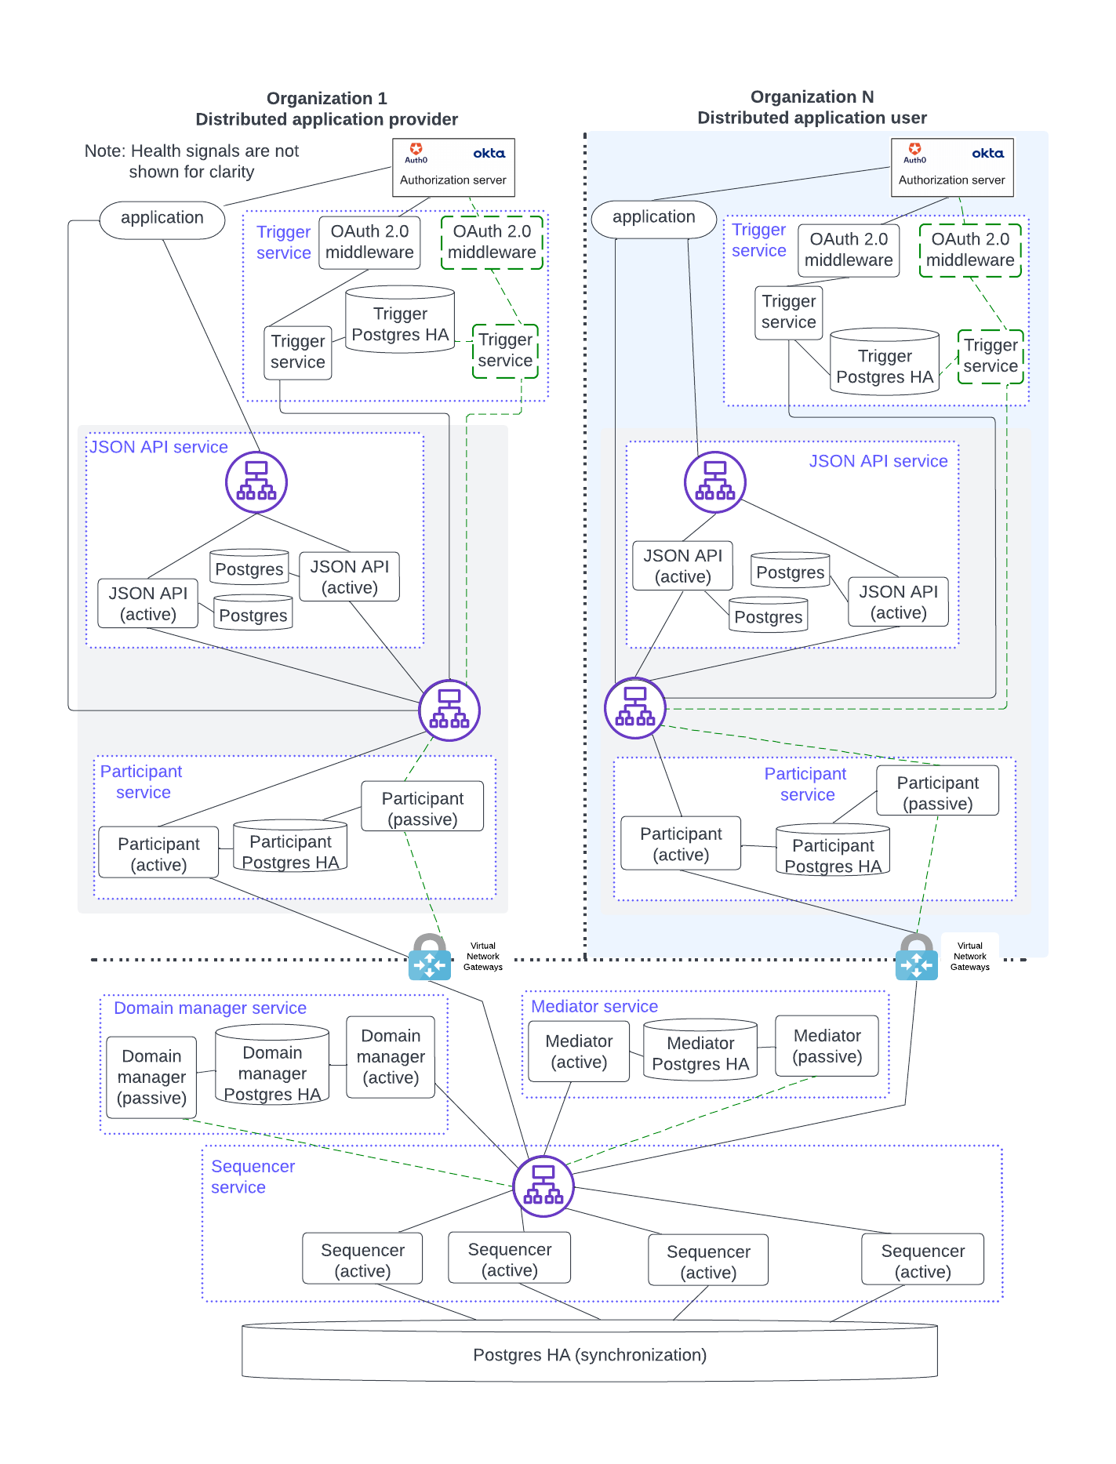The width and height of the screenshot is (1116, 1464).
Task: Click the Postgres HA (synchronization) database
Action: (x=590, y=1353)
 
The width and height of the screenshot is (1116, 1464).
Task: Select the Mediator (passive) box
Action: (x=827, y=1046)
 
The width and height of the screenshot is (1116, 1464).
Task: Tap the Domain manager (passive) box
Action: (x=151, y=1077)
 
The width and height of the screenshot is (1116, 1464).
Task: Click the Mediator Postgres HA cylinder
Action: (x=700, y=1052)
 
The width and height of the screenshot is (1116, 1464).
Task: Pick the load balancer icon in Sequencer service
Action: (x=543, y=1186)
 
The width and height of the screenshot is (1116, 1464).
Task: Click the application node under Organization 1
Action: (x=162, y=218)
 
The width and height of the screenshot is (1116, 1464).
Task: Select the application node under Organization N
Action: (x=653, y=217)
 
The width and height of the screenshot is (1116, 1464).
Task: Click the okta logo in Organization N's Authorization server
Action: (x=987, y=154)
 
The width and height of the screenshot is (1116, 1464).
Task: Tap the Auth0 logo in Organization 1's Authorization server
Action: (x=416, y=152)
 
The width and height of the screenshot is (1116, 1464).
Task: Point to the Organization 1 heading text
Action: (x=326, y=108)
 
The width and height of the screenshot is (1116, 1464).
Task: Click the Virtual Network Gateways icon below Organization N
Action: (x=916, y=957)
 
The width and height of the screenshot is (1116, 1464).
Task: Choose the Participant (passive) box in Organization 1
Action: (x=422, y=808)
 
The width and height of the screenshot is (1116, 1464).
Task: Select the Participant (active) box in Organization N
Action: (x=681, y=844)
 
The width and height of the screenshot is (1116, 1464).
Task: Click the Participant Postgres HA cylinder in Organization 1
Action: (x=290, y=850)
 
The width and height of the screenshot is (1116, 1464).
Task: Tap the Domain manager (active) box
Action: (x=391, y=1056)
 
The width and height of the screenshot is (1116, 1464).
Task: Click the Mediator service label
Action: (x=594, y=1006)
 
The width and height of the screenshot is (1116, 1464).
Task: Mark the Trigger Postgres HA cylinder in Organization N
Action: (x=885, y=365)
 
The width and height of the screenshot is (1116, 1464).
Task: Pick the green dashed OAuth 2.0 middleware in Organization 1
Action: (x=492, y=242)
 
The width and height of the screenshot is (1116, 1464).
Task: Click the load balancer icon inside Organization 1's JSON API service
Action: (x=256, y=481)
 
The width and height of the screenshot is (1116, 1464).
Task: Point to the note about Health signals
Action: (x=192, y=161)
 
